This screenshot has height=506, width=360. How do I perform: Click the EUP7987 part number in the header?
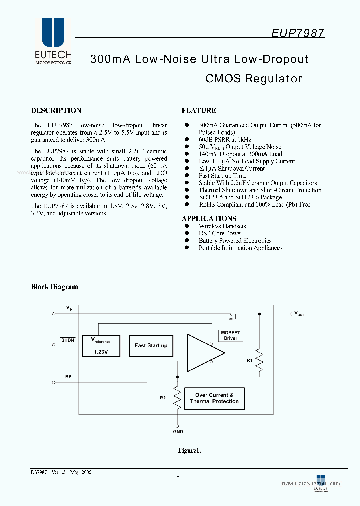(x=298, y=33)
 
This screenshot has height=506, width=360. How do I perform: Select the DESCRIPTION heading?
(x=56, y=110)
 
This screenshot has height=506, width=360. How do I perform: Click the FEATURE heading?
(x=199, y=110)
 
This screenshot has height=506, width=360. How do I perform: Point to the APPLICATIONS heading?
(x=209, y=218)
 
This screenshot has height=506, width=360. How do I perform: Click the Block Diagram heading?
(x=54, y=287)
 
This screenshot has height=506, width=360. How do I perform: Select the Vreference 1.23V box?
(x=101, y=345)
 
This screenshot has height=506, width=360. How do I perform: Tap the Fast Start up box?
(x=151, y=345)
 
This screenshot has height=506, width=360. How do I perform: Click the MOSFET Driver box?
(x=230, y=335)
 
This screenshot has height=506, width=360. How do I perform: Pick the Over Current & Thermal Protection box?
(x=214, y=398)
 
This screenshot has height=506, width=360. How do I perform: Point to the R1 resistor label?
(x=250, y=359)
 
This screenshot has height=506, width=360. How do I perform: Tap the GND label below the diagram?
(x=178, y=431)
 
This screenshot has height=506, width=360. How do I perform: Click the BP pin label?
(x=68, y=376)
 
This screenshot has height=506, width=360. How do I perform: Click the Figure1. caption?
(x=189, y=450)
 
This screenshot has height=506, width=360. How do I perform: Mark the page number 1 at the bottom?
(x=178, y=474)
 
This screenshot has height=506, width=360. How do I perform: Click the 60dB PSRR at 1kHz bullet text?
(x=225, y=140)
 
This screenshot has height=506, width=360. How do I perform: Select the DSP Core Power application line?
(x=220, y=233)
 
